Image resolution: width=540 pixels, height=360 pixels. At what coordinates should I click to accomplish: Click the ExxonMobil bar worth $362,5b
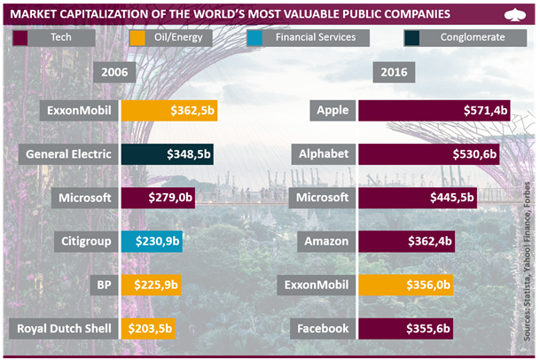click(169, 111)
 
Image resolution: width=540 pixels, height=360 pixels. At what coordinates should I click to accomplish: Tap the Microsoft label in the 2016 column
click(324, 198)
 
